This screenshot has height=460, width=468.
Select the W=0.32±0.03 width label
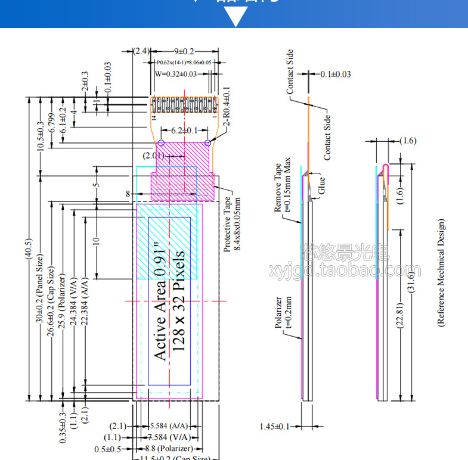176,74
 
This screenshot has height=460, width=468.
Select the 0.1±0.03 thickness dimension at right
335,74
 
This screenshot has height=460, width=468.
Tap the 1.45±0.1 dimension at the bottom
275,426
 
